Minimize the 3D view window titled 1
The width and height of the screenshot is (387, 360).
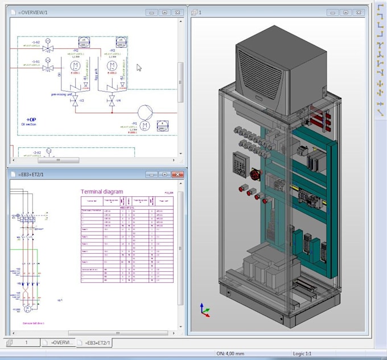click(x=330, y=12)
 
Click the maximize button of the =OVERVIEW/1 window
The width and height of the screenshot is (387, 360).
click(x=164, y=12)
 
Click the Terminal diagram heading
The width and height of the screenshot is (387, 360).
click(x=102, y=192)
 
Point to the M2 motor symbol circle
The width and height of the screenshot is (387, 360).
click(x=75, y=67)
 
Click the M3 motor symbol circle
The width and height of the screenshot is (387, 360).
click(x=112, y=67)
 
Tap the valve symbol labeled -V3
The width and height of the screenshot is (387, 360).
click(x=75, y=101)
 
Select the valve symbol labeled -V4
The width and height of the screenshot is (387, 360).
click(x=112, y=101)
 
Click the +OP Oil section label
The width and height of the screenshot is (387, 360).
click(x=30, y=121)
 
